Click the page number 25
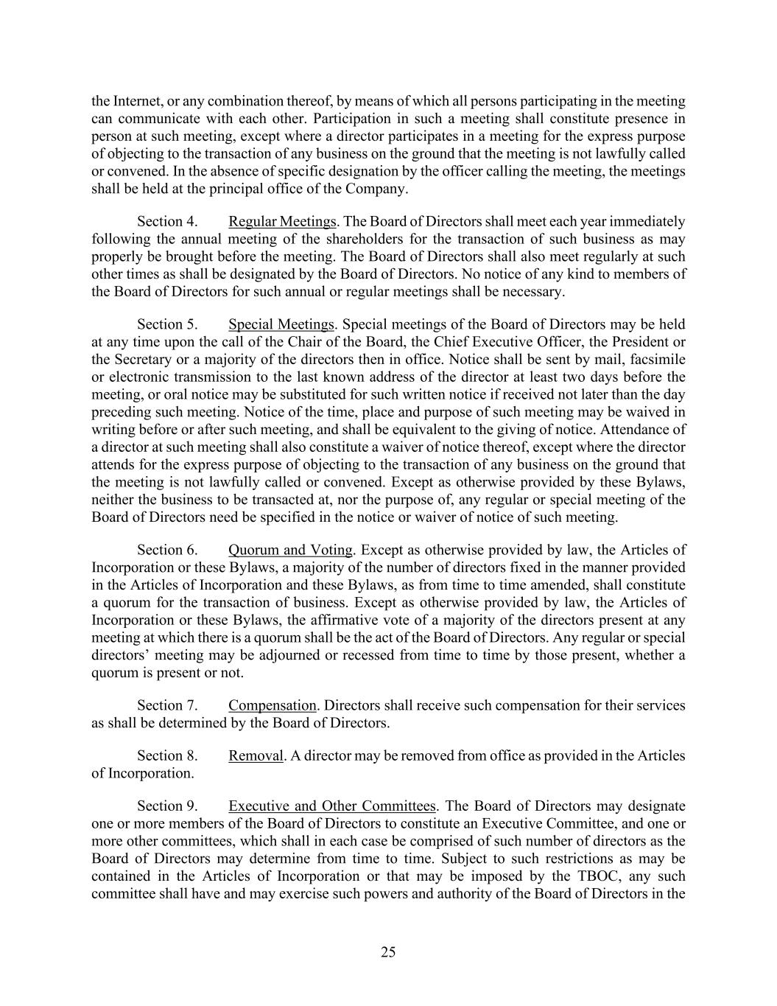pos(388,952)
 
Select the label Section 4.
pos(167,222)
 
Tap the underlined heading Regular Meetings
pos(282,222)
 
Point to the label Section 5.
pos(167,324)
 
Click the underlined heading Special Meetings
pos(281,324)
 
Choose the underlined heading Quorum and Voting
pos(291,550)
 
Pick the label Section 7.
pos(167,705)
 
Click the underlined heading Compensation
pos(273,705)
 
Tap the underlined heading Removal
pos(256,755)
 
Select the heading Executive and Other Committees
pos(332,806)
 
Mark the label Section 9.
pos(167,806)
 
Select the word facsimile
pos(658,360)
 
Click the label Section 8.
pos(167,755)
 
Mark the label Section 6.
pos(167,550)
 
